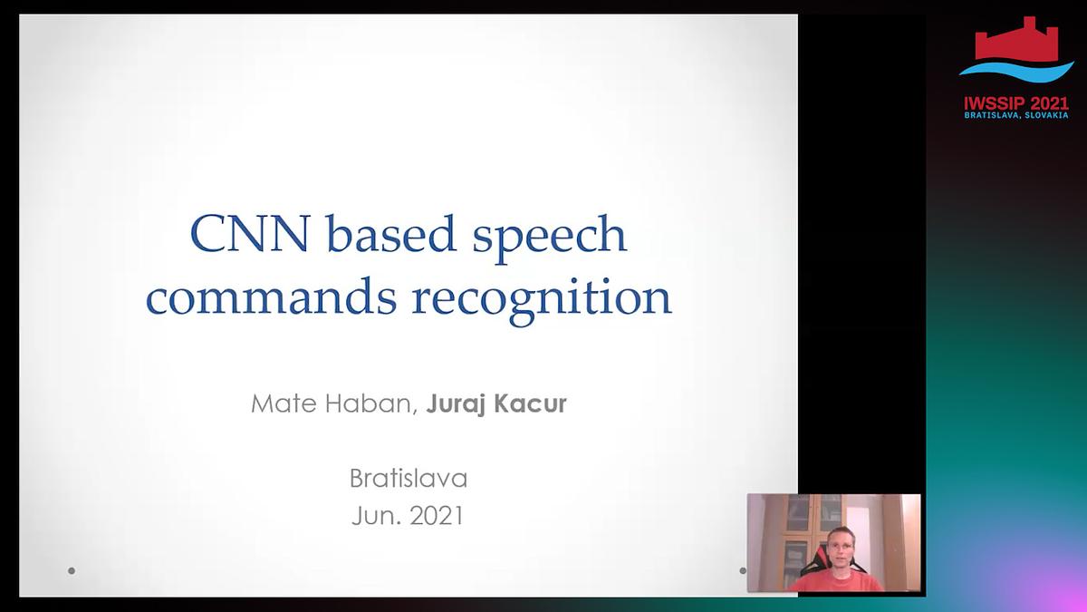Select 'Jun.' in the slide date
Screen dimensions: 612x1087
(376, 516)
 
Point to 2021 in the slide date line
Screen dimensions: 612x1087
(437, 516)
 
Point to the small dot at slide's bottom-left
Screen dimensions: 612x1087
(72, 571)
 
